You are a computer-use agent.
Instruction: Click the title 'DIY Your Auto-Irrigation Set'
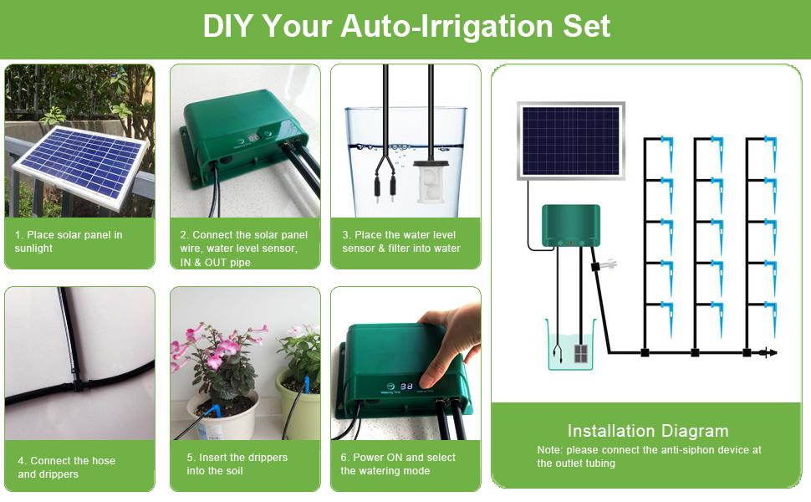406,27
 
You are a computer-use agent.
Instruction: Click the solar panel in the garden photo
79,163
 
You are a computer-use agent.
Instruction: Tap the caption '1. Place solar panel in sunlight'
69,242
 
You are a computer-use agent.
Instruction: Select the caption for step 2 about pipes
244,248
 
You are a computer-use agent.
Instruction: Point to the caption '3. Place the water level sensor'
401,242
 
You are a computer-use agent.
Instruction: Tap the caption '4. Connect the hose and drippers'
67,467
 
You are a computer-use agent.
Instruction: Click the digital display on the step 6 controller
406,387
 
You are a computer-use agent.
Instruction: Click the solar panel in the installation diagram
571,141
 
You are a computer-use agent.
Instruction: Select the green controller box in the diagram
571,226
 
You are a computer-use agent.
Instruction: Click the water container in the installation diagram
570,345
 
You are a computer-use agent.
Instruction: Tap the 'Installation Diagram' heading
648,432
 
